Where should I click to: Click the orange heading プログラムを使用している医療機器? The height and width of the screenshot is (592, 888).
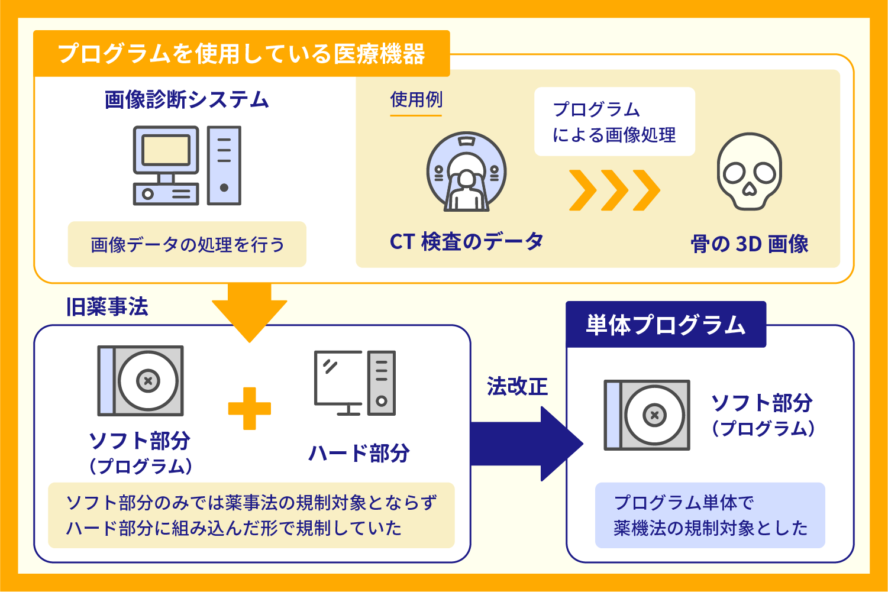point(241,54)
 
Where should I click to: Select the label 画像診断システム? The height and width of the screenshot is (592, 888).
point(187,99)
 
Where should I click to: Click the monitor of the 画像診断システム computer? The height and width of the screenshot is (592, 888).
point(166,151)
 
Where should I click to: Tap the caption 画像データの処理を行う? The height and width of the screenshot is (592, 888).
point(187,244)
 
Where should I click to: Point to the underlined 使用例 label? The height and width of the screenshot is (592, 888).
point(416,100)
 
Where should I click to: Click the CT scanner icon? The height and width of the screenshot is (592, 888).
point(466,172)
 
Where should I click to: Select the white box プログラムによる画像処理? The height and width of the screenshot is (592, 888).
point(614,122)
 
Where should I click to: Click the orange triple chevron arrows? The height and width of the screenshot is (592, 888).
point(614,190)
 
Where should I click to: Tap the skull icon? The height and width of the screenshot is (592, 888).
point(749,172)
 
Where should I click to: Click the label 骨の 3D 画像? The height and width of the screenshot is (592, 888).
point(749,244)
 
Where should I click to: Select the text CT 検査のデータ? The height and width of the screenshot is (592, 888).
point(466,241)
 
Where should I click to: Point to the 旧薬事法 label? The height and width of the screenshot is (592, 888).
point(107,307)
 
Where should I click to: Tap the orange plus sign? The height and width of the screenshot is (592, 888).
point(249,408)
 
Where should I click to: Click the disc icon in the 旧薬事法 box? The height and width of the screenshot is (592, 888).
point(141,381)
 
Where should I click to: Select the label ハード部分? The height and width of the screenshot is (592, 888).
point(359,453)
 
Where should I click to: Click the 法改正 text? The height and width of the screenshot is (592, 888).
point(517,387)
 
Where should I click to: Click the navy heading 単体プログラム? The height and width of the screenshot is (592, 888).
point(666,325)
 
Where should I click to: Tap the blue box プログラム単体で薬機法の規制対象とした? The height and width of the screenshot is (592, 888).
point(710,515)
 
